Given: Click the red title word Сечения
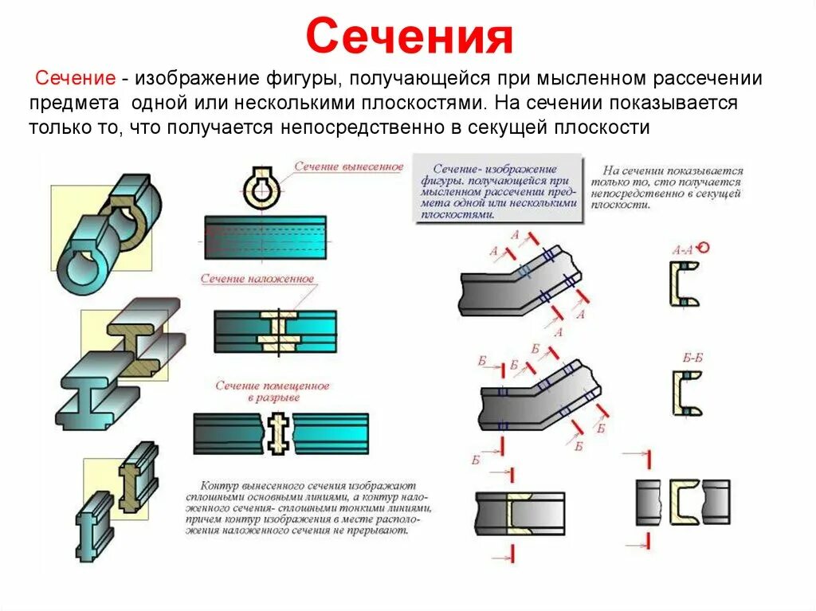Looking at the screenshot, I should [x=408, y=38].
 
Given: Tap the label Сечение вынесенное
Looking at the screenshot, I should [x=348, y=167].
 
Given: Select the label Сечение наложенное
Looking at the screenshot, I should [x=257, y=280].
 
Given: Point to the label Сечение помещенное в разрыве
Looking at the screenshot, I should [x=272, y=391].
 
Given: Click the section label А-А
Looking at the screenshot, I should [x=681, y=249].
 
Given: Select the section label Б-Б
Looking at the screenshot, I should [x=692, y=358].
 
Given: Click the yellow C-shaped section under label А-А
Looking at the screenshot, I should [x=684, y=284].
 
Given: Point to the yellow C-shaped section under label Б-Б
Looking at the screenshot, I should [x=685, y=393].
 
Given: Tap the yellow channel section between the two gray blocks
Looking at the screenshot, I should [x=684, y=501].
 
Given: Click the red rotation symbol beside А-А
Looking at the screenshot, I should [x=703, y=247].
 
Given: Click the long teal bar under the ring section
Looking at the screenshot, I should [x=265, y=237].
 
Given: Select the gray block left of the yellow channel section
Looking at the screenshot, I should [x=649, y=502].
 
